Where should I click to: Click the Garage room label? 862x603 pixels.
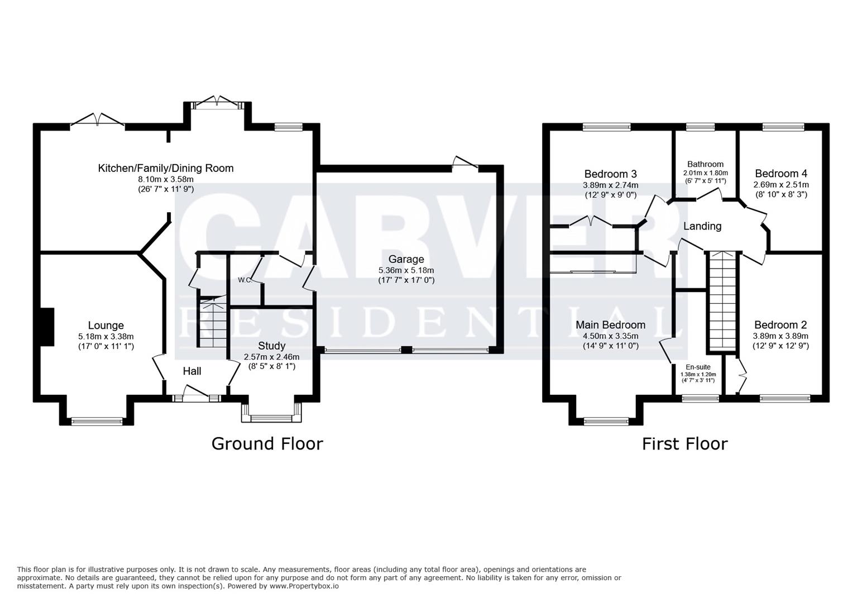point(406,259)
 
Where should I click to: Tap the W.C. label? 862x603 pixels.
point(245,280)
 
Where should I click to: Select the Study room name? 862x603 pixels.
point(271,346)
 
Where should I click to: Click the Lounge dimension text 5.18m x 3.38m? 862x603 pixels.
point(106,337)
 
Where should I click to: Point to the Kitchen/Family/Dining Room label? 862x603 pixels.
point(166,168)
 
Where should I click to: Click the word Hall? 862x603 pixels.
point(192,371)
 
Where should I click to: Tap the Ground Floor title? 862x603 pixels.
point(267,443)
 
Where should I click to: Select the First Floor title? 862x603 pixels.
point(684,444)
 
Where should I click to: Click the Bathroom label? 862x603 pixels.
point(705,164)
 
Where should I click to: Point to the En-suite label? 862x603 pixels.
point(698,367)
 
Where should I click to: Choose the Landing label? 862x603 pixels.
point(702,226)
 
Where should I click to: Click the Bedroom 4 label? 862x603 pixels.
point(780,174)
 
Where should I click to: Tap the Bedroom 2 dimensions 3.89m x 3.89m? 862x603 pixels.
point(780,336)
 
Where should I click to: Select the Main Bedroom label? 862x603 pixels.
point(610,325)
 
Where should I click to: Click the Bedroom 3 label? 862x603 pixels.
point(610,174)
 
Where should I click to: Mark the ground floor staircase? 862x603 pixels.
point(212,324)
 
